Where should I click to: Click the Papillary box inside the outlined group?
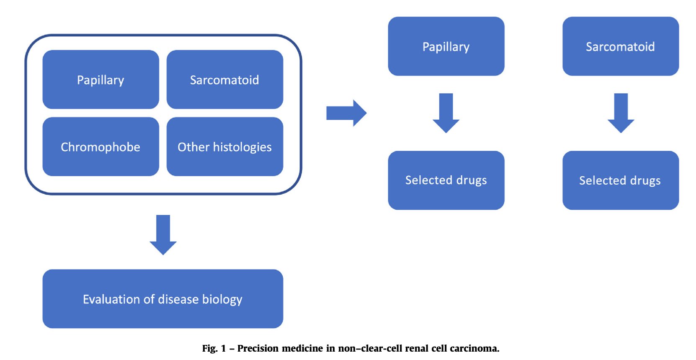click(101, 80)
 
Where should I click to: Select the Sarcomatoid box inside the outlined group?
click(224, 80)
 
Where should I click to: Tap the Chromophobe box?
click(101, 147)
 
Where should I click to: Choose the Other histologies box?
click(224, 147)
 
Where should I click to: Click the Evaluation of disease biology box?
click(163, 299)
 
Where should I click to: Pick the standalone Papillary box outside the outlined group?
click(446, 46)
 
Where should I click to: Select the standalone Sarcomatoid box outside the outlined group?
click(621, 46)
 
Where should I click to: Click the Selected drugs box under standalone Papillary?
click(446, 180)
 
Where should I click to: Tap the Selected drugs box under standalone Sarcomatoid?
click(621, 180)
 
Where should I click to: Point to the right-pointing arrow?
click(346, 113)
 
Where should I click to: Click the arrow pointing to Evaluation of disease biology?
click(163, 235)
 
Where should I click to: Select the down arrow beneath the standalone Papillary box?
click(446, 113)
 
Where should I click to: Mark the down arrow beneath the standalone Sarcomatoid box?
click(621, 113)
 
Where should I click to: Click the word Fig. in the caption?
click(210, 349)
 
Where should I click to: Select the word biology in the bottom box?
click(222, 299)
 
